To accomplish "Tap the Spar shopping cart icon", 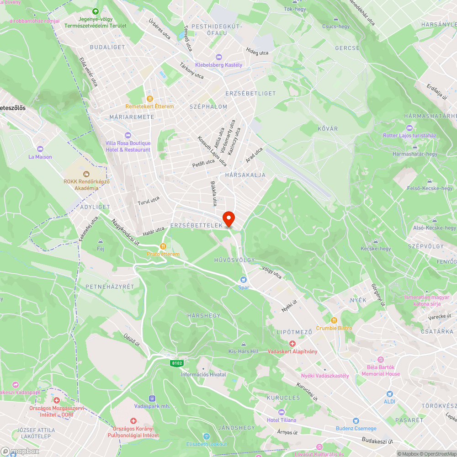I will point(244,279).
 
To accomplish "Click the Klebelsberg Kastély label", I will point(218,65).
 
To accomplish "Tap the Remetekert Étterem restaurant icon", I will point(149,99).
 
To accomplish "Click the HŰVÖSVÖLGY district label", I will point(234,260).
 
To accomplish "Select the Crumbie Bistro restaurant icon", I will point(334,320).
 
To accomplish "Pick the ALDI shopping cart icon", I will point(389,393).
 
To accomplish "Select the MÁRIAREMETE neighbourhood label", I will point(132,117).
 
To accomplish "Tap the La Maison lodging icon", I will point(40,149).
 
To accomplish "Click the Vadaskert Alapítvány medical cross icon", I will point(292,344).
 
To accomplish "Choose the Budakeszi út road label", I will point(377,441).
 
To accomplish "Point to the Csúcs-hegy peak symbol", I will point(336,19).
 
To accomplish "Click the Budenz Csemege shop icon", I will point(356,421).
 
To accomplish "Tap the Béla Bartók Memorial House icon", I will point(381,360).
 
